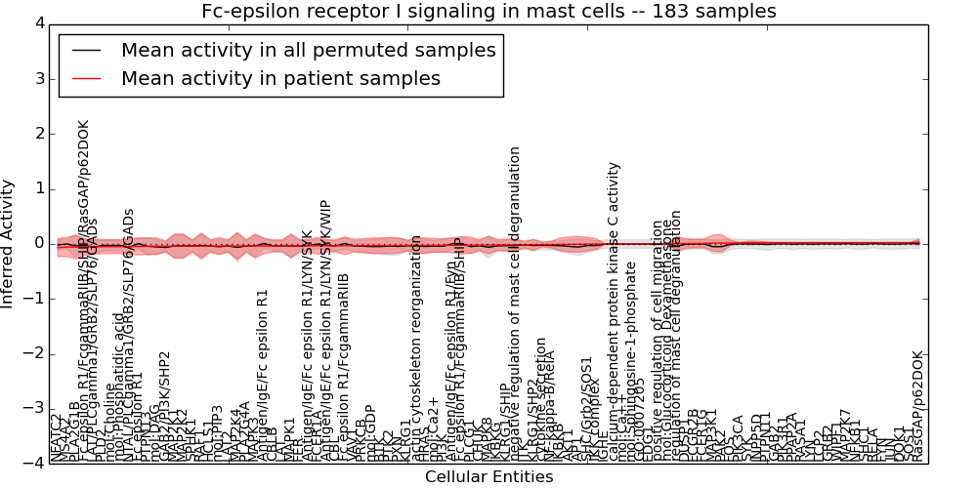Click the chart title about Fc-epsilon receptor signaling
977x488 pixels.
click(488, 12)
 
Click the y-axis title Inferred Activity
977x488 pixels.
click(9, 244)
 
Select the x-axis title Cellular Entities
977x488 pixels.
click(488, 476)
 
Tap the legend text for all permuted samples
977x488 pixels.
click(308, 50)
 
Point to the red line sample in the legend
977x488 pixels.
click(85, 78)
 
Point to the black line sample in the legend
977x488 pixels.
click(85, 50)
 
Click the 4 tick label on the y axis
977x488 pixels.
click(38, 23)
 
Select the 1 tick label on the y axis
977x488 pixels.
click(38, 188)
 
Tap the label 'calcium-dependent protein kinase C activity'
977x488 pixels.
click(614, 312)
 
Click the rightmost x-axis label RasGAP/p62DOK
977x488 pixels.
click(916, 406)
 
